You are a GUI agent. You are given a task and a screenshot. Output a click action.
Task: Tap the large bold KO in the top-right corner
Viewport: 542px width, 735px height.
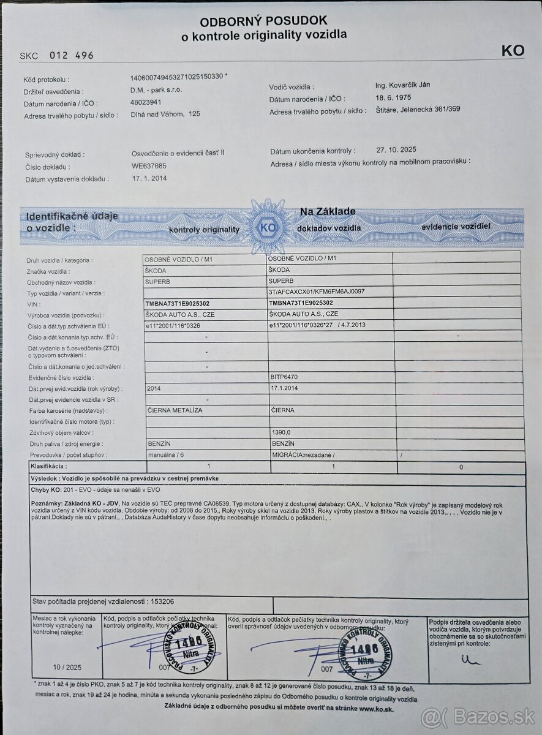tap(513, 51)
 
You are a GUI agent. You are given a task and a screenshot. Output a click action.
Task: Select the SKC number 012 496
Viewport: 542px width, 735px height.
tap(72, 55)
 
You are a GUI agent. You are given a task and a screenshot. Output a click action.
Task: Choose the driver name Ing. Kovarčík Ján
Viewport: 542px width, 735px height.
tap(402, 85)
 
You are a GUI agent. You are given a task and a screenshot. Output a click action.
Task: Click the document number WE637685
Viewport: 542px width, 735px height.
tap(149, 166)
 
